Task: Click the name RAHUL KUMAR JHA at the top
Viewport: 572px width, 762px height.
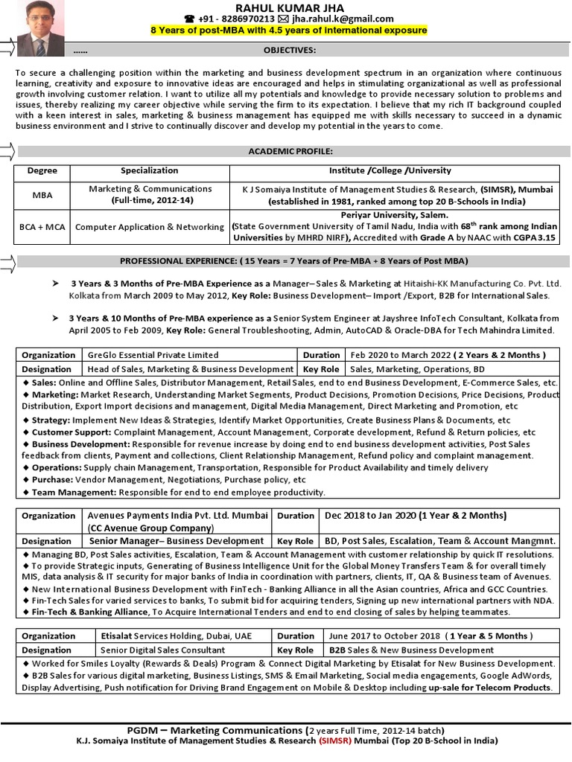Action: tap(289, 7)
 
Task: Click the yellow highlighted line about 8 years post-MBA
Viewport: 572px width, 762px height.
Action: tap(289, 31)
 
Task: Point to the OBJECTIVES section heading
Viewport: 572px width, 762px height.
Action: tap(289, 50)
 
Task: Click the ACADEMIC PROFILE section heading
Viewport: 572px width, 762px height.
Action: tap(290, 151)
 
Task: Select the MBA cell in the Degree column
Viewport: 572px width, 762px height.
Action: tap(42, 195)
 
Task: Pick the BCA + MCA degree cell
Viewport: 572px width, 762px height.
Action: tap(42, 226)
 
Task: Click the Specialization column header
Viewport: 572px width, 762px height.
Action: tap(149, 170)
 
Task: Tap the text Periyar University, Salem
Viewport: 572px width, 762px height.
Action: tap(394, 214)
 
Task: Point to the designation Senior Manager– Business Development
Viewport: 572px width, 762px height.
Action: tap(176, 541)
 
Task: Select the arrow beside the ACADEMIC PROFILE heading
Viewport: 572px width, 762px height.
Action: tap(7, 152)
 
